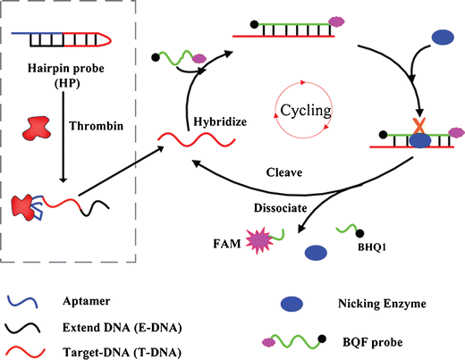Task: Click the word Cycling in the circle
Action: [x=306, y=110]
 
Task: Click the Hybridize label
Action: [x=219, y=120]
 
